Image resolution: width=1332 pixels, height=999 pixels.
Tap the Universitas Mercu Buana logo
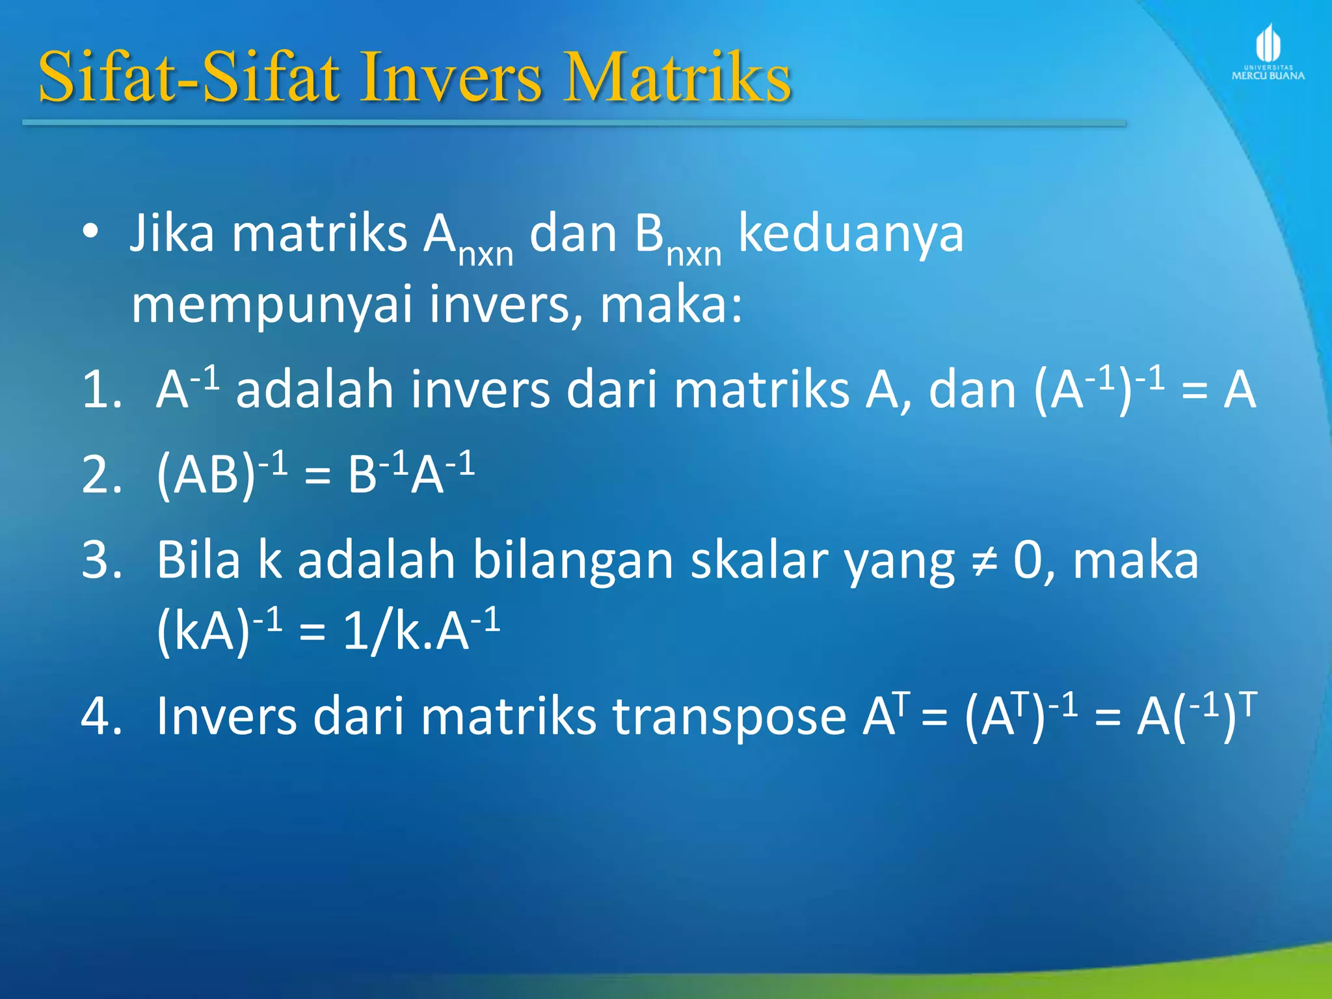[1268, 52]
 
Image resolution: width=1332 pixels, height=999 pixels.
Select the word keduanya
[851, 234]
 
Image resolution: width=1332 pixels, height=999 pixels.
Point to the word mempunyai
[272, 306]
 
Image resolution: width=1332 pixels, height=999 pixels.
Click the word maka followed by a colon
[670, 306]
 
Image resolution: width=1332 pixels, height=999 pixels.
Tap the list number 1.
[101, 390]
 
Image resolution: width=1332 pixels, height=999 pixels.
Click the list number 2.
[101, 475]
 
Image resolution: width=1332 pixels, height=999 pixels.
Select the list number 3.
[101, 560]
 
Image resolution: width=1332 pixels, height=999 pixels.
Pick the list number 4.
[101, 716]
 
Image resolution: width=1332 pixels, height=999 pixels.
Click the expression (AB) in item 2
[206, 475]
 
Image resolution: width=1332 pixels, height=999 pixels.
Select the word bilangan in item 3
[572, 561]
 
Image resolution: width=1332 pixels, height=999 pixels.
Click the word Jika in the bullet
[172, 233]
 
